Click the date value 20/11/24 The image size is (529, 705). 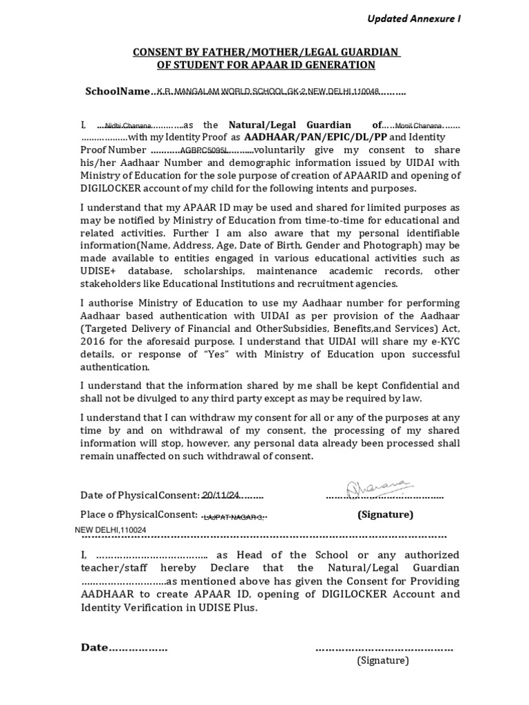[x=220, y=495]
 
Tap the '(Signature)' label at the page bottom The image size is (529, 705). [x=382, y=661]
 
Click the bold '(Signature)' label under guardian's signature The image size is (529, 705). [x=385, y=514]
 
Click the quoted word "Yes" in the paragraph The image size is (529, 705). [x=217, y=354]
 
